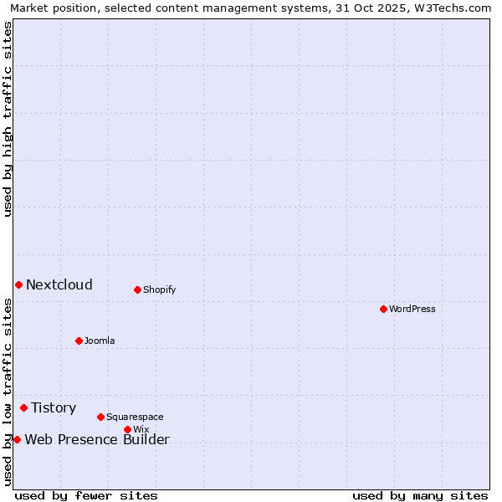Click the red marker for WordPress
[x=383, y=309]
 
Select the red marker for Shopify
[x=137, y=289]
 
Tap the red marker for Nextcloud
[x=18, y=284]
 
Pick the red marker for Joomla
[x=79, y=341]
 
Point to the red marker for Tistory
[x=23, y=407]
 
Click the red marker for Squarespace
[x=100, y=417]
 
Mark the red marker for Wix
[x=127, y=429]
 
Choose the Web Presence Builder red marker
[x=17, y=439]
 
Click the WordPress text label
[x=412, y=309]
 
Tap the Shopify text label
[x=159, y=289]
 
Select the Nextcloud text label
[x=59, y=284]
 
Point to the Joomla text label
[x=100, y=341]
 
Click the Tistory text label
[x=54, y=407]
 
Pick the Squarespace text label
[x=135, y=417]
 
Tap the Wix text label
[x=141, y=429]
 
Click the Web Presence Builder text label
[x=97, y=439]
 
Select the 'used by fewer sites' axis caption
[x=86, y=495]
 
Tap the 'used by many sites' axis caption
[x=420, y=495]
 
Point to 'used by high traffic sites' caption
[x=8, y=119]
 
